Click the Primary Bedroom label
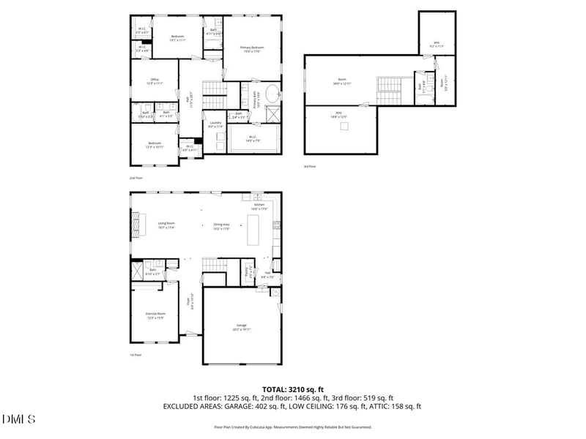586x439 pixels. coord(252,48)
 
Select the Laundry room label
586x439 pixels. coord(215,124)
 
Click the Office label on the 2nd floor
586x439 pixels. coord(155,81)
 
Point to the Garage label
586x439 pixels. coord(241,326)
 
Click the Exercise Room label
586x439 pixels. coord(155,315)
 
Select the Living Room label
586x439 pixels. coord(166,225)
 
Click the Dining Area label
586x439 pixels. coord(221,226)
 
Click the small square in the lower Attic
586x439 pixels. coord(343,126)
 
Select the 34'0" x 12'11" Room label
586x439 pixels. coord(341,82)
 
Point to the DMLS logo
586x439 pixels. coord(19,419)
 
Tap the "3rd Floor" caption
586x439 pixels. coord(310,167)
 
